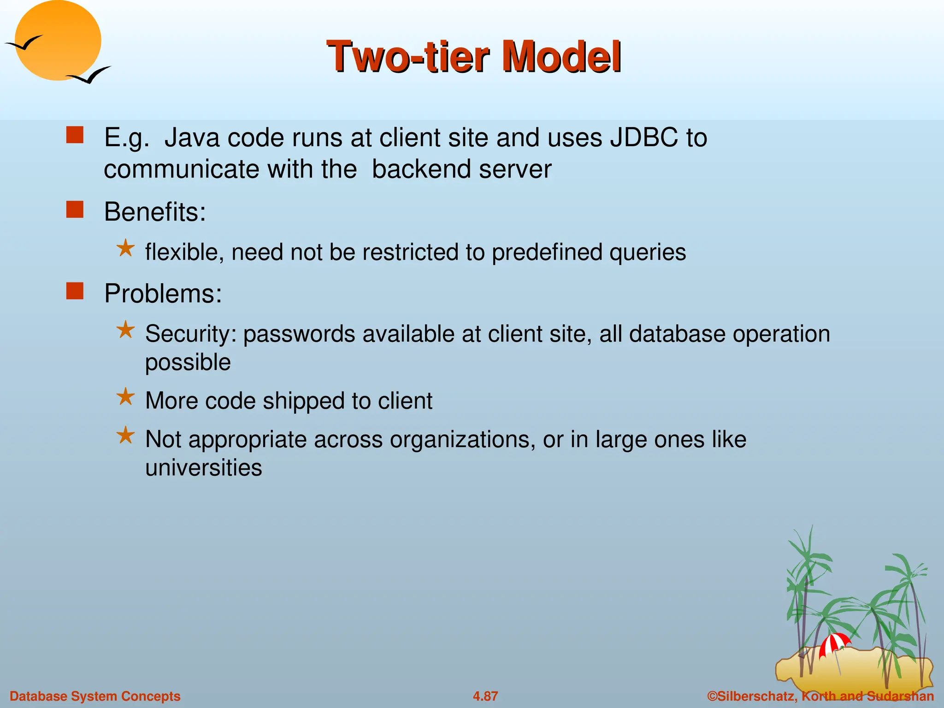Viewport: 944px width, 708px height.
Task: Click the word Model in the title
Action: tap(561, 57)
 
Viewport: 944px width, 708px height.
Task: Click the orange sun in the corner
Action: tap(58, 41)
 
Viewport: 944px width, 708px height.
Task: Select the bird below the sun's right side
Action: tap(90, 75)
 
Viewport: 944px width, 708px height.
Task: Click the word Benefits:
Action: tap(155, 212)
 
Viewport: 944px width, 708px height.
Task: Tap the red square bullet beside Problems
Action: tap(75, 291)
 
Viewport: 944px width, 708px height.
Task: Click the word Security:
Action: tap(190, 334)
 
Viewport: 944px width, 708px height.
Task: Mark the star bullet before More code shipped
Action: tap(125, 397)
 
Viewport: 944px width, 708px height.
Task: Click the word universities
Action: tap(203, 468)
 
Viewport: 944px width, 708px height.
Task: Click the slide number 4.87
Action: tap(485, 696)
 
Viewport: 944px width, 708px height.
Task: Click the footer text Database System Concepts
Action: tap(95, 696)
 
